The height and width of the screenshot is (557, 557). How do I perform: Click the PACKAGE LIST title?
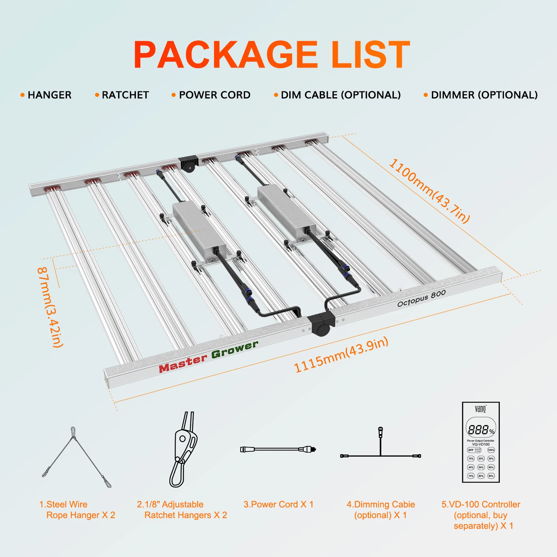(x=272, y=55)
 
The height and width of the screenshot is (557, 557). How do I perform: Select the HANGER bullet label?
(x=49, y=95)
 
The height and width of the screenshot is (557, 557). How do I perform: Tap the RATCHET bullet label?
(x=125, y=95)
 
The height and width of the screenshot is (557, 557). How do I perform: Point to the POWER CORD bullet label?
(x=215, y=95)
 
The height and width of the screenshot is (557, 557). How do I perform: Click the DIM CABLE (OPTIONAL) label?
(x=341, y=95)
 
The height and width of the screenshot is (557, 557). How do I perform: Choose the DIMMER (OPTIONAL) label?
(x=484, y=95)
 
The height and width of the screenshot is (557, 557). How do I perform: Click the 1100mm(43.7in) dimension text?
(x=429, y=190)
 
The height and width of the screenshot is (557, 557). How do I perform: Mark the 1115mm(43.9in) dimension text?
(x=341, y=354)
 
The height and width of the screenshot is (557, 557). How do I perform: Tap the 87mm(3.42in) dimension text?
(x=50, y=307)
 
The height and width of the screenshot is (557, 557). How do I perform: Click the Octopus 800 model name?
(x=421, y=299)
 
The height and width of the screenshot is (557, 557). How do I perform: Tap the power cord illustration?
(x=278, y=449)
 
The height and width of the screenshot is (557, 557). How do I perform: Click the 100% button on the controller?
(x=491, y=450)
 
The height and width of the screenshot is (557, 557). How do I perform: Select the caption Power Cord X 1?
(x=278, y=504)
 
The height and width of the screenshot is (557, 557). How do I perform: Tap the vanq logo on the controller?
(x=481, y=409)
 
